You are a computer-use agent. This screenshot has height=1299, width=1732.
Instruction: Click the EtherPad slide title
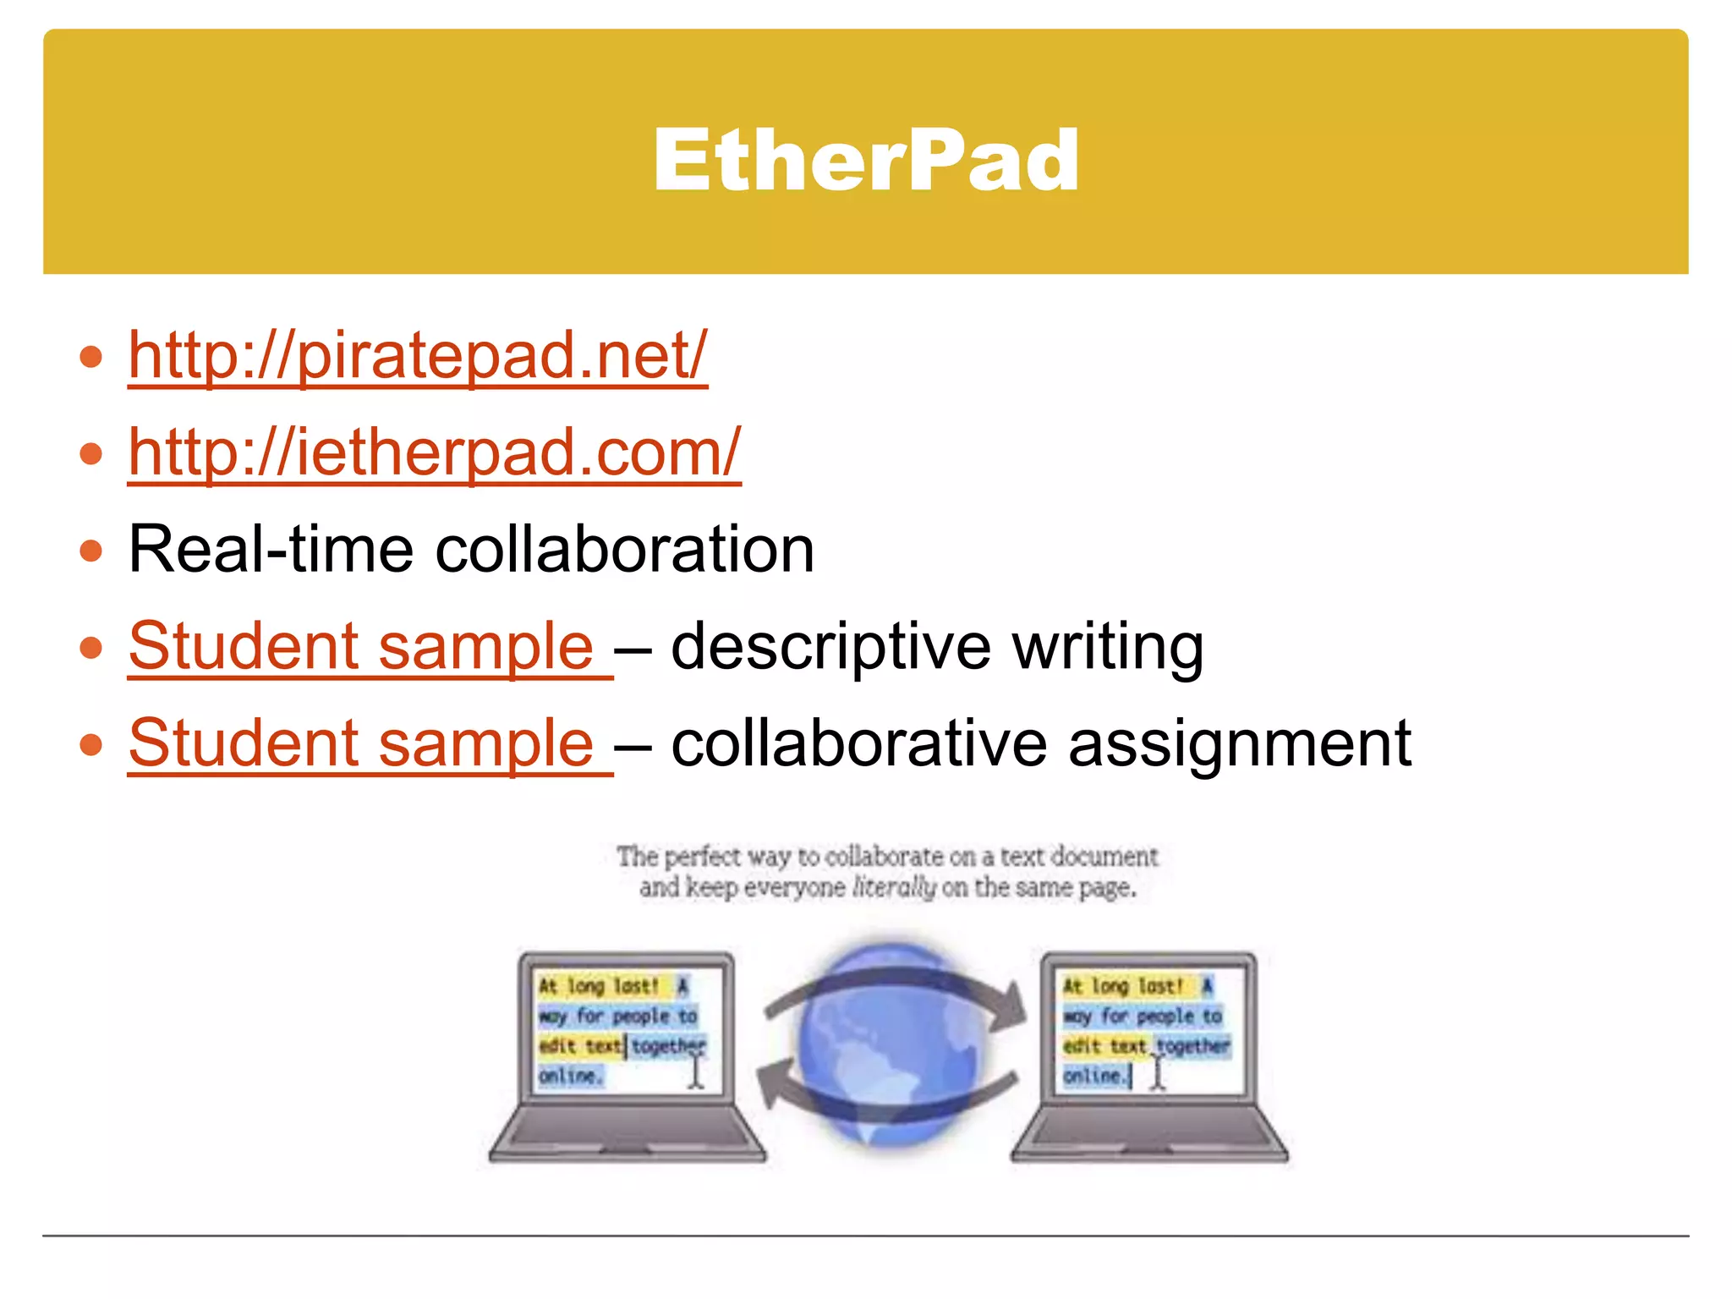(865, 160)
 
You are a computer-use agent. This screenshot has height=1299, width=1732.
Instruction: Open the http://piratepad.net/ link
(417, 355)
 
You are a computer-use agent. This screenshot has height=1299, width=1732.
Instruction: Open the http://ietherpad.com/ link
(434, 452)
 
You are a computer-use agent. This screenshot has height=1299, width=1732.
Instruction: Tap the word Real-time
(271, 550)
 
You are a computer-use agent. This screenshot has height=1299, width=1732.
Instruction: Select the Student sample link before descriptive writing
(362, 647)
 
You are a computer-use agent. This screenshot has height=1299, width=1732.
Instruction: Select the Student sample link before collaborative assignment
(362, 743)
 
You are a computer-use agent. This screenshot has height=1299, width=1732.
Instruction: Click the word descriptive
(830, 647)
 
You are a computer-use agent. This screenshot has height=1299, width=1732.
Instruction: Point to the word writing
(1108, 647)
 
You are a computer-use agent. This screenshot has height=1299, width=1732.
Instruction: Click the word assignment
(1240, 744)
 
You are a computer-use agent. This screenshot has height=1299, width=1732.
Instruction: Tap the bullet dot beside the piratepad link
(90, 356)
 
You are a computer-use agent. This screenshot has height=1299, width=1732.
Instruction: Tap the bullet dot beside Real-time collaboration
(90, 551)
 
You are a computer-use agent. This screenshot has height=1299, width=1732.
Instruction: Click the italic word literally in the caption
(894, 888)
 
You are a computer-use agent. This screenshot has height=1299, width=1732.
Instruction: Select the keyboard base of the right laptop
(1148, 1133)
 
